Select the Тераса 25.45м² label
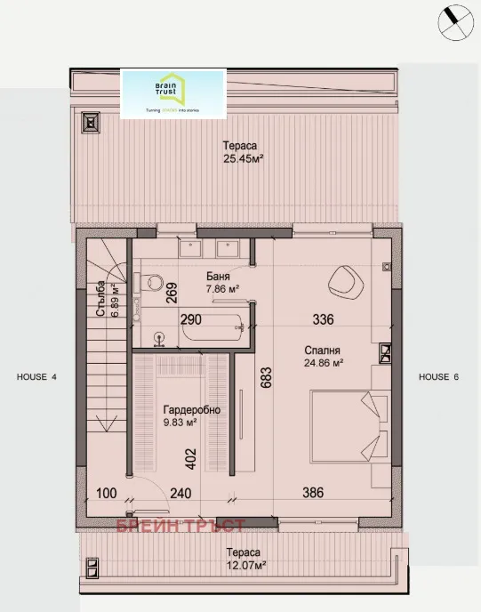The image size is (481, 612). coord(242,154)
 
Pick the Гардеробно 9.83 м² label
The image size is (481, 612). coord(190,416)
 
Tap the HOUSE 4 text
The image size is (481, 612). coord(36,377)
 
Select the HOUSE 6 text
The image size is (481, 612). coord(439,377)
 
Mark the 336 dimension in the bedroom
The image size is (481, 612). coord(322,319)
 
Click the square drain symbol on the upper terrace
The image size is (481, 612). coord(90,121)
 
